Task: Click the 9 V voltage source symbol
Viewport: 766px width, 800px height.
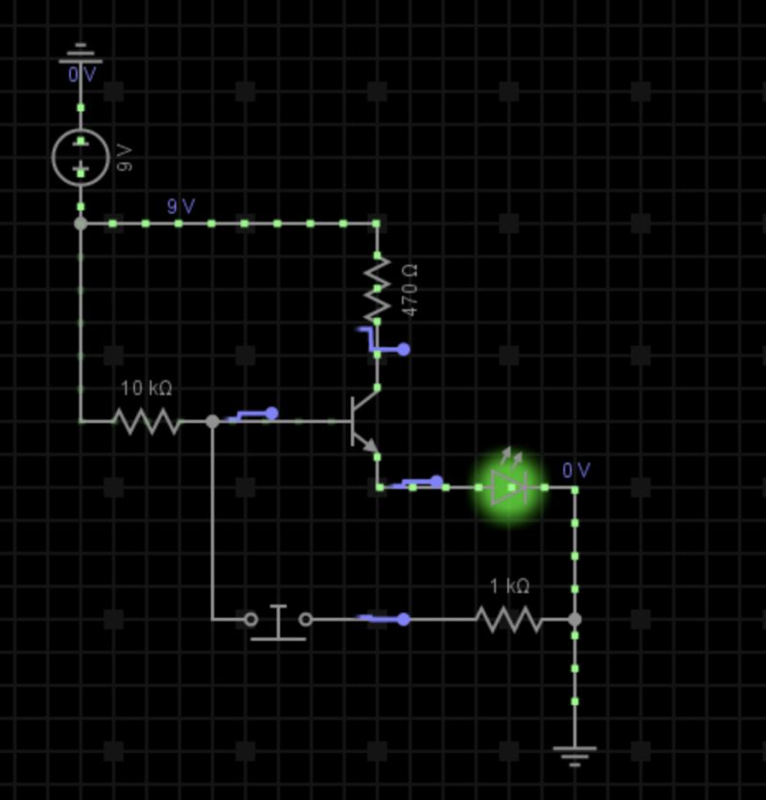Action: pyautogui.click(x=81, y=156)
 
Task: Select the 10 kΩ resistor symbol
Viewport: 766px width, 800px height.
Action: pyautogui.click(x=146, y=421)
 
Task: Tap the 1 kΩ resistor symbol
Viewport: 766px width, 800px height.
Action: pyautogui.click(x=509, y=620)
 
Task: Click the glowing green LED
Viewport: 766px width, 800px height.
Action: pyautogui.click(x=509, y=487)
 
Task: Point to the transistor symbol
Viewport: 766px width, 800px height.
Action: pyautogui.click(x=363, y=422)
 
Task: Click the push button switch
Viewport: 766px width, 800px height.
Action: pyautogui.click(x=278, y=621)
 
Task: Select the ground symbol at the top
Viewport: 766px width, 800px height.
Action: pyautogui.click(x=81, y=52)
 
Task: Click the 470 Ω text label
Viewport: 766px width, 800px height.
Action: pyautogui.click(x=410, y=291)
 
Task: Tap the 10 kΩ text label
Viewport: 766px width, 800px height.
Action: pyautogui.click(x=146, y=388)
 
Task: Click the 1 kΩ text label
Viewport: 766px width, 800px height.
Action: pyautogui.click(x=509, y=586)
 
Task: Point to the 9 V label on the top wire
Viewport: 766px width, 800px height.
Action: pyautogui.click(x=180, y=206)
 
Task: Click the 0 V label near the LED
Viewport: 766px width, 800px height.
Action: pyautogui.click(x=576, y=470)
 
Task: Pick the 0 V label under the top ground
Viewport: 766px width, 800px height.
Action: pyautogui.click(x=81, y=74)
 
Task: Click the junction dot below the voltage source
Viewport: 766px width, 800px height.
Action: pyautogui.click(x=81, y=224)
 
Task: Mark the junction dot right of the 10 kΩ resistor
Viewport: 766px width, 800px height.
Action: pyautogui.click(x=213, y=421)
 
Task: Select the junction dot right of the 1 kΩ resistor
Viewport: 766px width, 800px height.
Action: pyautogui.click(x=574, y=620)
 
